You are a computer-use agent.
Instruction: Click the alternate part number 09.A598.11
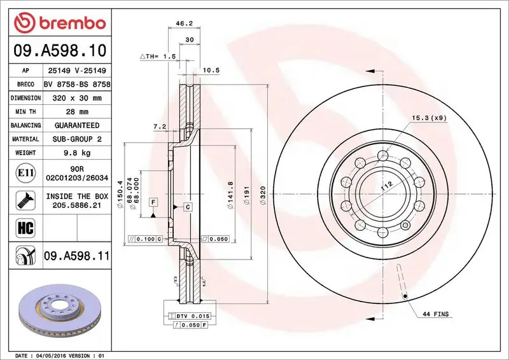(x=77, y=256)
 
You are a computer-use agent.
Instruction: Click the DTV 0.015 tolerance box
(x=190, y=316)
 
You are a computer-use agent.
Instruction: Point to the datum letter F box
(x=153, y=202)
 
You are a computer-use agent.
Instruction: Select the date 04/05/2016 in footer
(x=49, y=355)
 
